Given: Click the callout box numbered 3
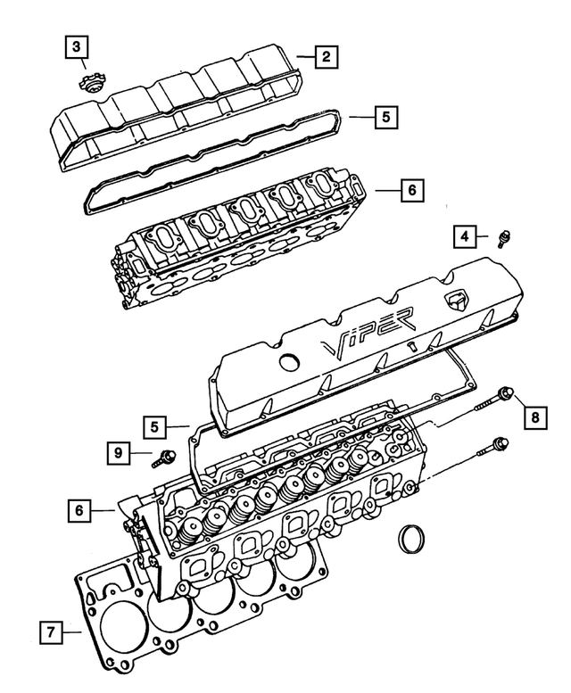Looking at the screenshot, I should [x=78, y=45].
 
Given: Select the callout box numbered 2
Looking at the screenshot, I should [x=327, y=57].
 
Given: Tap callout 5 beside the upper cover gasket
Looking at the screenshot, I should [x=385, y=116].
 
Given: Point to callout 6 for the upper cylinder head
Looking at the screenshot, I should [x=410, y=191].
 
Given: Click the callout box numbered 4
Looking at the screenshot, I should [x=465, y=236].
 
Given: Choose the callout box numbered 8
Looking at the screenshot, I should [x=534, y=417].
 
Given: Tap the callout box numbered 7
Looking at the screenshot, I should [x=53, y=633].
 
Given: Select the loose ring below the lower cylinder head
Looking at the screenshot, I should [x=412, y=540].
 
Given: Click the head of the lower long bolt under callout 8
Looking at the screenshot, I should [x=501, y=443].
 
